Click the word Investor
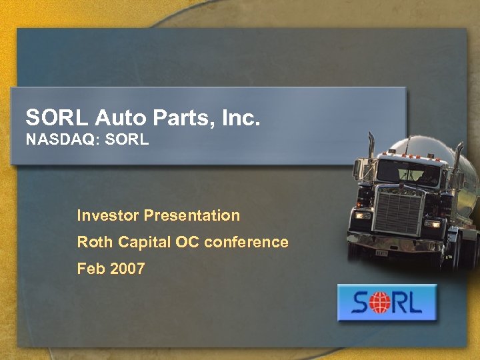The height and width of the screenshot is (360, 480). pos(107,216)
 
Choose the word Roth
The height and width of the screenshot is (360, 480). pos(95,243)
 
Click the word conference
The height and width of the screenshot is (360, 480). pos(246,243)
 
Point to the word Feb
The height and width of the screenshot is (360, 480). pos(91,269)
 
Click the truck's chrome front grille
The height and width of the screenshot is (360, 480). pos(399,211)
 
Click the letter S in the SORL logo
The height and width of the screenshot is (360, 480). pos(359,304)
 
